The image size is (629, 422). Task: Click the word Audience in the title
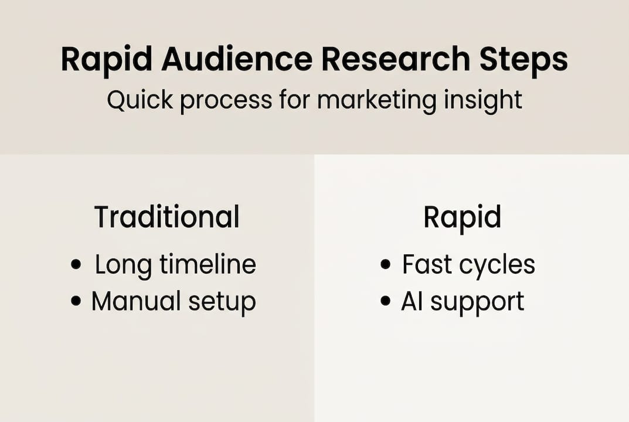tap(237, 59)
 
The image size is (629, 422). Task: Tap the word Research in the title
tap(395, 59)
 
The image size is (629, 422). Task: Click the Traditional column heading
tap(167, 217)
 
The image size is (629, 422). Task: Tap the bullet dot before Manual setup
tap(76, 301)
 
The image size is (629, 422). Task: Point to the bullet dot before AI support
tap(386, 301)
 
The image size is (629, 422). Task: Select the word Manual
tap(136, 301)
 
